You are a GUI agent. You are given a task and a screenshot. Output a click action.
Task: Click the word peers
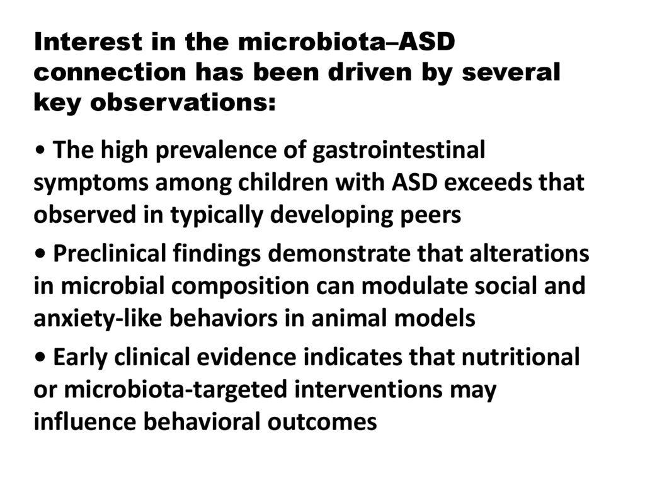(x=430, y=214)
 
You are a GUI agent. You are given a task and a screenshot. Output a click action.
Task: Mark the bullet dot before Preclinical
(x=41, y=255)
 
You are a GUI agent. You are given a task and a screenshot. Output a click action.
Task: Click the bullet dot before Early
(x=41, y=358)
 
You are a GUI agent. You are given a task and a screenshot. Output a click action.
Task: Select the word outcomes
(x=322, y=421)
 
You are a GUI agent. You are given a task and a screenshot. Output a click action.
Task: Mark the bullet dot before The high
(x=41, y=152)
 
